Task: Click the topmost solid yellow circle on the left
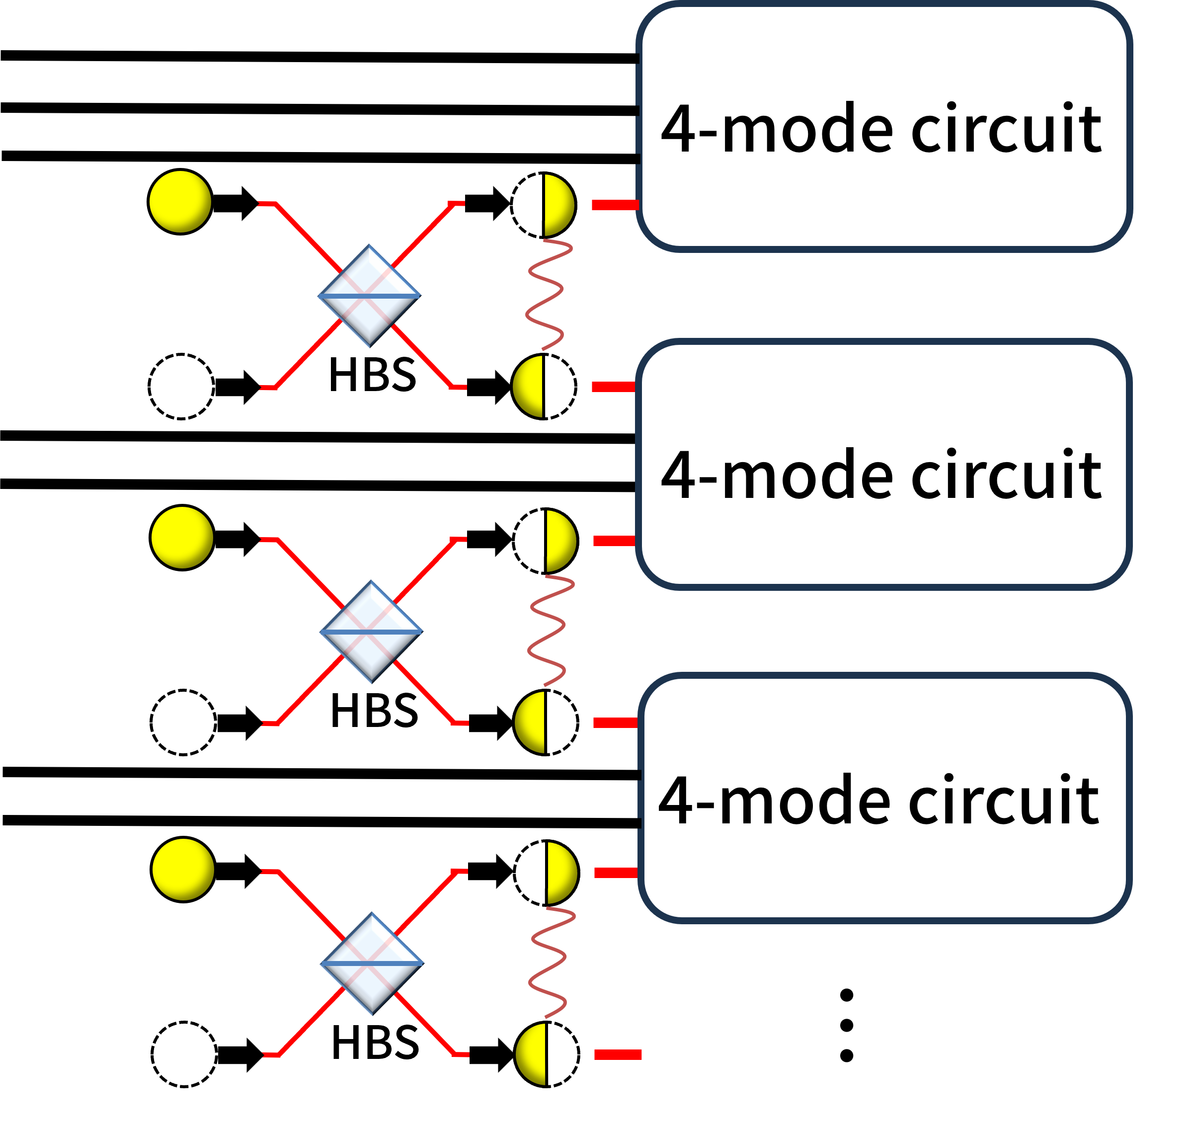tap(180, 202)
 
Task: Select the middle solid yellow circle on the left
tap(182, 537)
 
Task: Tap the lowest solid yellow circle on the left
tap(183, 869)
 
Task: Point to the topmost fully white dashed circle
tap(181, 387)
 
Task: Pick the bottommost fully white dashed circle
tap(184, 1054)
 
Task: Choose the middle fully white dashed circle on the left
tap(183, 722)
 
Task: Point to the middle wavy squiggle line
tap(547, 631)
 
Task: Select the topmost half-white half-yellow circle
tap(543, 205)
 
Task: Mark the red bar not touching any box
tap(618, 1054)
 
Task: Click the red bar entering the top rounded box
tap(615, 205)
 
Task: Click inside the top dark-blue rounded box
tap(882, 126)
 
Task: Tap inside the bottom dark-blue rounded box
tap(882, 798)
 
